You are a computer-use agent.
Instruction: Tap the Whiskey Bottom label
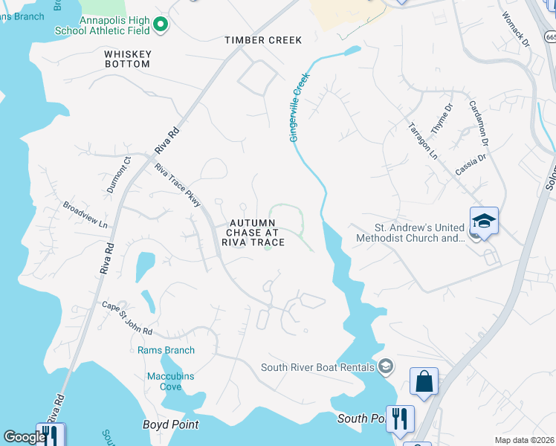click(x=128, y=59)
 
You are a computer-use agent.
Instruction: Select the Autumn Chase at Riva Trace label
click(x=256, y=233)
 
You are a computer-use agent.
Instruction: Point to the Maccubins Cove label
click(x=170, y=381)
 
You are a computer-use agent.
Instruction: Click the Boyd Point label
click(x=170, y=424)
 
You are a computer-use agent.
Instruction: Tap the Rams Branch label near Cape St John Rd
click(x=167, y=350)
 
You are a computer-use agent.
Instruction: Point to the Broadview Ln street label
click(x=85, y=215)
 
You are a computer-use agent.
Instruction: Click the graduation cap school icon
click(x=483, y=221)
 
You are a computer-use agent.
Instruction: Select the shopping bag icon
click(x=424, y=382)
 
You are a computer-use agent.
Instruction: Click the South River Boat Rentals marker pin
click(x=385, y=366)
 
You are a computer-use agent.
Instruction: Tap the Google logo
click(x=24, y=437)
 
